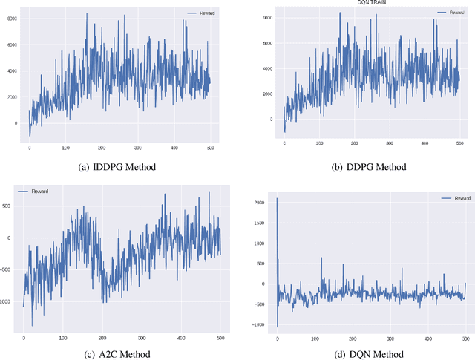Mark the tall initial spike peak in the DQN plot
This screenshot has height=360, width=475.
pos(278,198)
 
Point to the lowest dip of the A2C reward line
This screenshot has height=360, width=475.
pos(32,325)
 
